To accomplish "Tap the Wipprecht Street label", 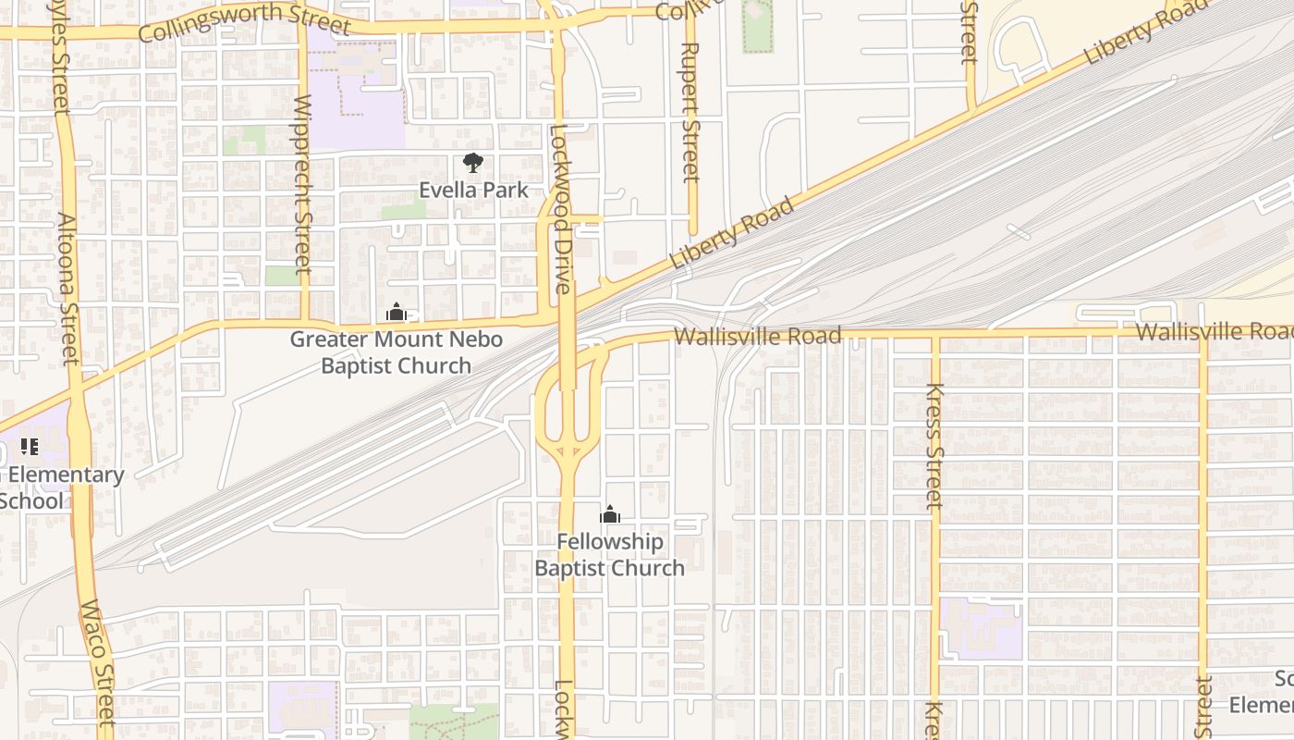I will tap(302, 185).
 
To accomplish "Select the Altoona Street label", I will tap(69, 289).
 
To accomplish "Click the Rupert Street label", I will tap(690, 111).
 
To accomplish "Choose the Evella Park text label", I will tap(473, 190).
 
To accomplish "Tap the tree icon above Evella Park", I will tap(473, 164).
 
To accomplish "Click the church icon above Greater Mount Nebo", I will tap(397, 313).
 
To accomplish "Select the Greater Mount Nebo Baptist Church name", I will tap(397, 352).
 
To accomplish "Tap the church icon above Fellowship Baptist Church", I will tap(610, 515).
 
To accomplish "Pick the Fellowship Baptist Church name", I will tap(610, 555).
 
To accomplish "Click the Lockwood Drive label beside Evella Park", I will tap(561, 208).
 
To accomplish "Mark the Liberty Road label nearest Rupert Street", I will tap(731, 233).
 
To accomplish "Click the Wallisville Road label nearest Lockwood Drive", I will tap(758, 335).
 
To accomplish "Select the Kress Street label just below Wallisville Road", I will tap(934, 446).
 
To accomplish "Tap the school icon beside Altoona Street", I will tap(30, 448).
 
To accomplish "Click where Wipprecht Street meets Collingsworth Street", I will tap(302, 27).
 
